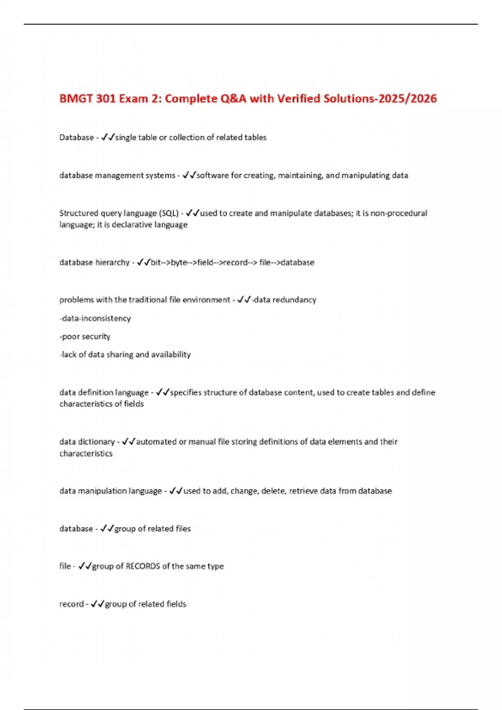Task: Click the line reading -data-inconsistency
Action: (x=95, y=318)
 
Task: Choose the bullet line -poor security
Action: (x=85, y=336)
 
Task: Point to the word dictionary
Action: (x=96, y=441)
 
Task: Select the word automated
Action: (x=156, y=441)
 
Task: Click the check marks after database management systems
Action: (x=189, y=175)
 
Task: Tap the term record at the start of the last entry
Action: (x=72, y=604)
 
